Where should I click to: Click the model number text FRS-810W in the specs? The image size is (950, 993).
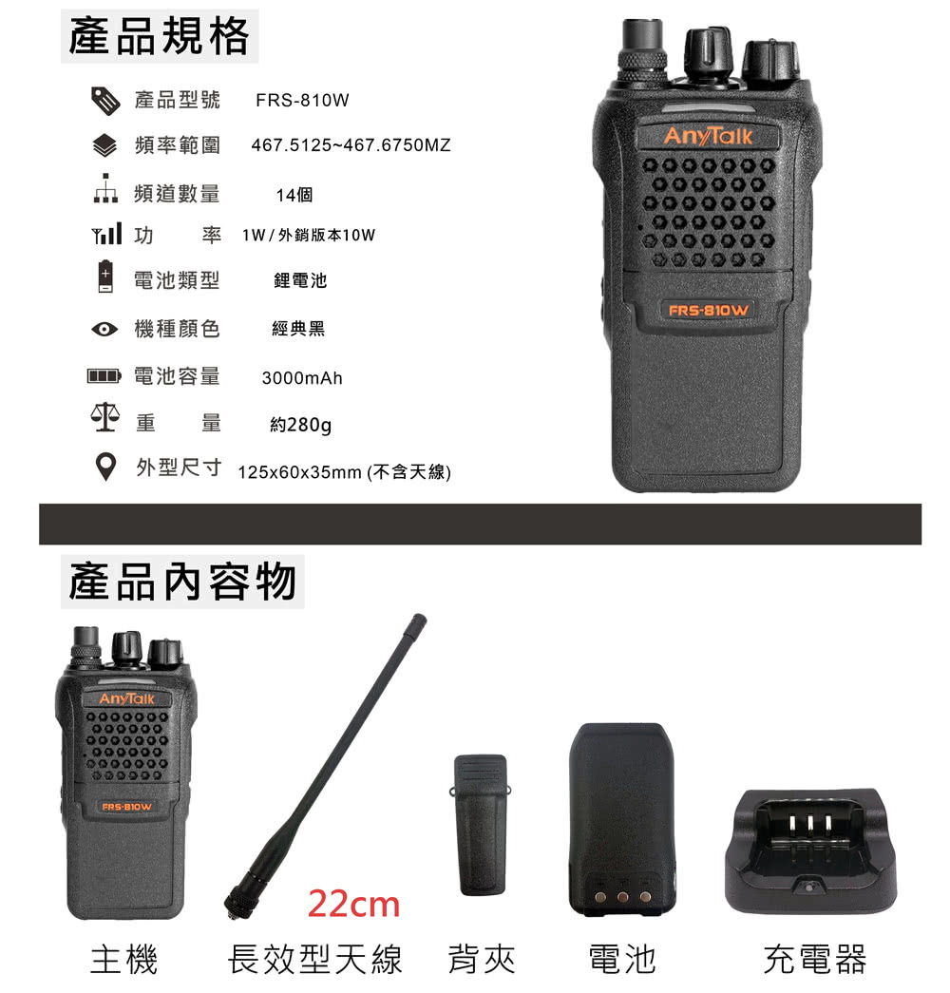pos(302,100)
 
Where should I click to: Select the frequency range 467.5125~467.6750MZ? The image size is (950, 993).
pos(351,145)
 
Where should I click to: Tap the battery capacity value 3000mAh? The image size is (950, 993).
pos(302,378)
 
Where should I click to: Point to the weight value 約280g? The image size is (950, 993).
pos(301,425)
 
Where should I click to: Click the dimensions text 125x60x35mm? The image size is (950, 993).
pos(299,472)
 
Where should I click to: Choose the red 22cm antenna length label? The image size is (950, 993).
pos(353,904)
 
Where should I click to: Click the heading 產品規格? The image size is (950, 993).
pos(159,36)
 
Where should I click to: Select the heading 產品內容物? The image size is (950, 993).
pos(182,582)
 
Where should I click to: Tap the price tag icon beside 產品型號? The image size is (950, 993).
pos(105,101)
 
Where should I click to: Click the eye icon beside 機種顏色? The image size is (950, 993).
pos(104,330)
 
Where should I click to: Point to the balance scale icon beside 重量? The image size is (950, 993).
pos(105,417)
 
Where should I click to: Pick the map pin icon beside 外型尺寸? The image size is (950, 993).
pos(105,467)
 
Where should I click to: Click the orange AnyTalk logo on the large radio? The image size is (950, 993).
pos(708,136)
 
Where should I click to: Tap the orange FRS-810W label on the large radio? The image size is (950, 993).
pos(709,311)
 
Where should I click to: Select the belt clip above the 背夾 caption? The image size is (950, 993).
pos(480,825)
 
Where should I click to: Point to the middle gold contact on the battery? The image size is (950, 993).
pos(622,896)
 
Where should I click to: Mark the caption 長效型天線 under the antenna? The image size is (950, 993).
pos(314,960)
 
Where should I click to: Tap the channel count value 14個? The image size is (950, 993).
pos(294,195)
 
